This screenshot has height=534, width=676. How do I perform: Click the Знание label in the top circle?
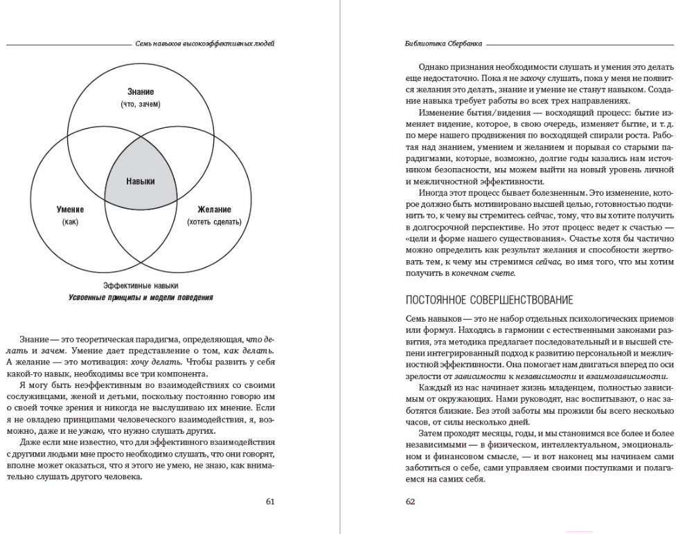pyautogui.click(x=141, y=92)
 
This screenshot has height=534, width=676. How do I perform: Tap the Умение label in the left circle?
pyautogui.click(x=70, y=210)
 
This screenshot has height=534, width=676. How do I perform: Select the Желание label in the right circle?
pyautogui.click(x=214, y=210)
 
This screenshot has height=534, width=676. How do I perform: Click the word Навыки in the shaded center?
pyautogui.click(x=141, y=181)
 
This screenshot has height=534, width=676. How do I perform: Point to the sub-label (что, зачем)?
pyautogui.click(x=141, y=104)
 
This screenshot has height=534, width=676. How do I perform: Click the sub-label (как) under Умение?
pyautogui.click(x=70, y=222)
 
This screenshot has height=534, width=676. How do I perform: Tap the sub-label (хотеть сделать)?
pyautogui.click(x=214, y=222)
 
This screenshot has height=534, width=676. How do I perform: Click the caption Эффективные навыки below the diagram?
pyautogui.click(x=141, y=285)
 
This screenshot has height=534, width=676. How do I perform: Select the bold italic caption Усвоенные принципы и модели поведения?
pyautogui.click(x=141, y=298)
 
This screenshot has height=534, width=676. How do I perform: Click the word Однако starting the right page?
pyautogui.click(x=435, y=66)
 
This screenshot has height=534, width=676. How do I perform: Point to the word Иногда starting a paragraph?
pyautogui.click(x=434, y=192)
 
